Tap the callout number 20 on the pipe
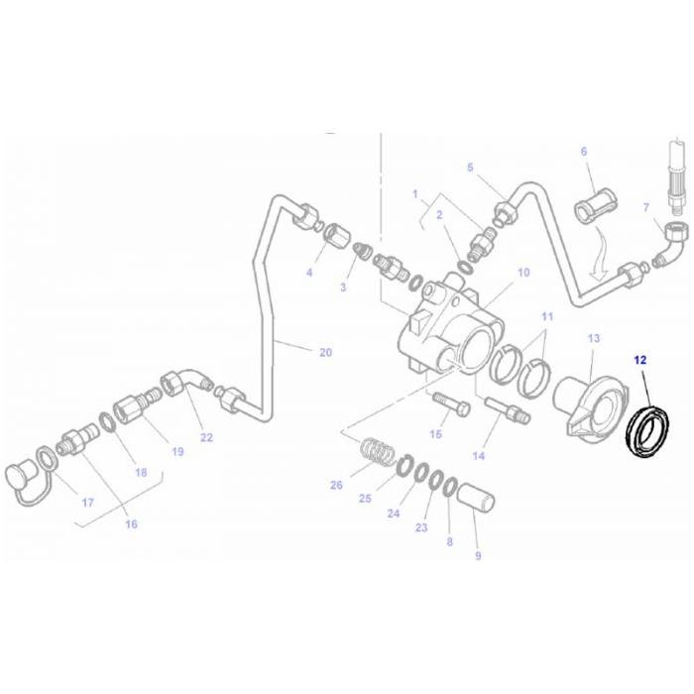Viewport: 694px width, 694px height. [325, 352]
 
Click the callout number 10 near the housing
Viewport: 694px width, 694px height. [523, 272]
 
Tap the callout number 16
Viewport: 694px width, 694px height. [131, 524]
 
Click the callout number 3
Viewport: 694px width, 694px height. [344, 288]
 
